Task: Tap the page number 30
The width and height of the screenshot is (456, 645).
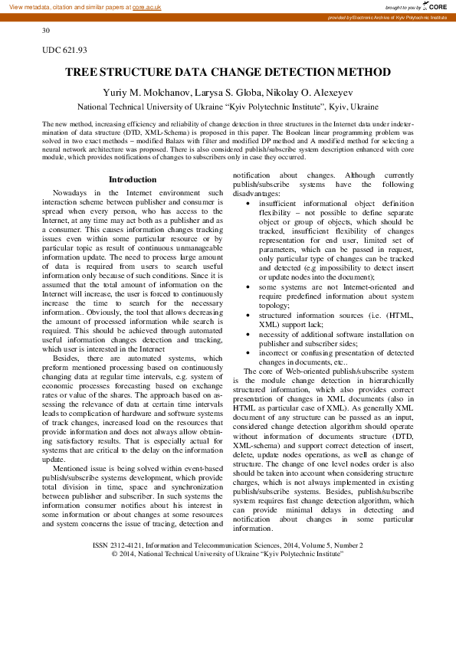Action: pyautogui.click(x=46, y=31)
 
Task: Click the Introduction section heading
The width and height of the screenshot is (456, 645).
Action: pyautogui.click(x=132, y=179)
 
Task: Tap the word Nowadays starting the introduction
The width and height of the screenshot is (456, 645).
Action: pyautogui.click(x=69, y=192)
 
